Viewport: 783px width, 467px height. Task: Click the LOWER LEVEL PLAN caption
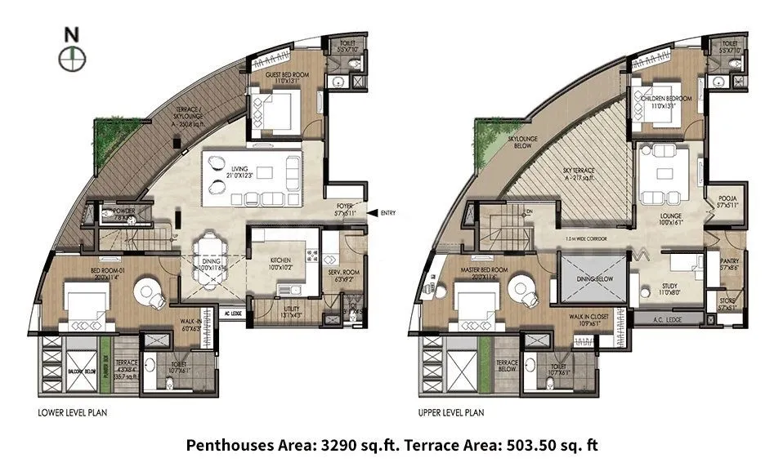73,412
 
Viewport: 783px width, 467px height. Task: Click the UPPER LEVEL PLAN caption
452,412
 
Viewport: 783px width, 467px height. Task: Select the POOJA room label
727,201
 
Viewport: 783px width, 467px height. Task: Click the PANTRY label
729,263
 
